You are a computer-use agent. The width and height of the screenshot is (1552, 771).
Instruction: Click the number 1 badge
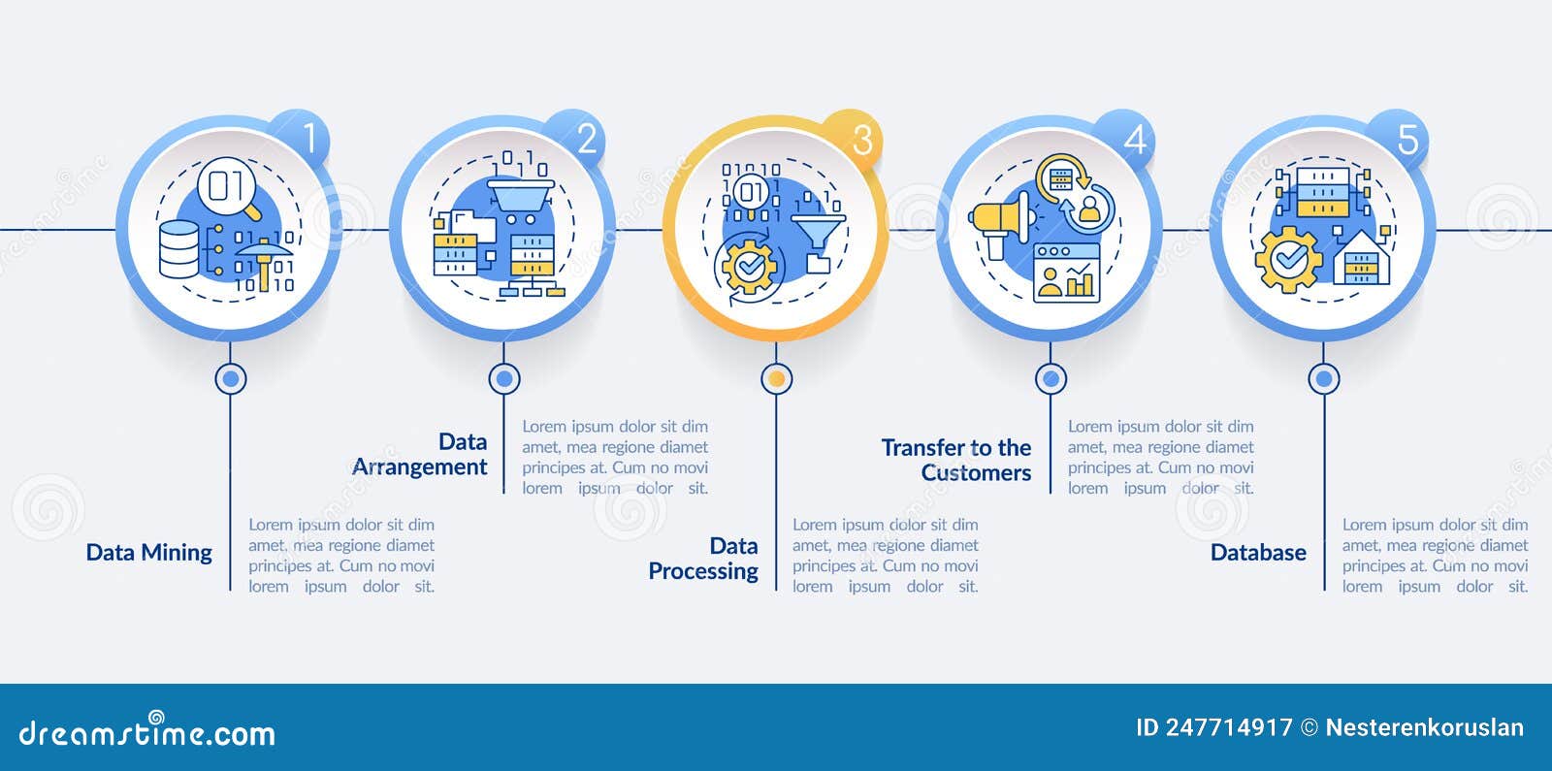(x=300, y=139)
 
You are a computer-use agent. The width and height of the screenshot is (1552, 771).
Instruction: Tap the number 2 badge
(x=575, y=139)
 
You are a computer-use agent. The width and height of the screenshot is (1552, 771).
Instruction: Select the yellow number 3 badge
(x=853, y=139)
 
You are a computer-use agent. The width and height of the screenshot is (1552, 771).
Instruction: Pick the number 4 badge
(x=1125, y=139)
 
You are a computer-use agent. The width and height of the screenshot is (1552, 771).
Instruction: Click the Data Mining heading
(x=149, y=553)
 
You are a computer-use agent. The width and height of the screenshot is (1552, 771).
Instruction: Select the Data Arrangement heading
(x=419, y=455)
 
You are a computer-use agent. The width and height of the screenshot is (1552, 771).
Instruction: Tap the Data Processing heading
(x=703, y=559)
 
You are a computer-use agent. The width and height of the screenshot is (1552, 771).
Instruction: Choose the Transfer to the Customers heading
(x=956, y=460)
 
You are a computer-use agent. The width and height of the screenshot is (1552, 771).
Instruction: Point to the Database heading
(x=1258, y=553)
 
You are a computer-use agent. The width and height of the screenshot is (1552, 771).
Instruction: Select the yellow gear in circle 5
(x=1288, y=260)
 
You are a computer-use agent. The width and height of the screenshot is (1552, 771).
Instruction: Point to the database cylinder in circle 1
(x=178, y=249)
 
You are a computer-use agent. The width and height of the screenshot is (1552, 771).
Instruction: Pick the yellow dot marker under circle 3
(x=777, y=379)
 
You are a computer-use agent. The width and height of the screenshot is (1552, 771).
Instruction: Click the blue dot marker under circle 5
(x=1323, y=379)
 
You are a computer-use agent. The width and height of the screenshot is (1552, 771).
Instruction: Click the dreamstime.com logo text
(x=146, y=731)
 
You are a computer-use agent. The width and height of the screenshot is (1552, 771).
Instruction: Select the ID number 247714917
(x=1229, y=727)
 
